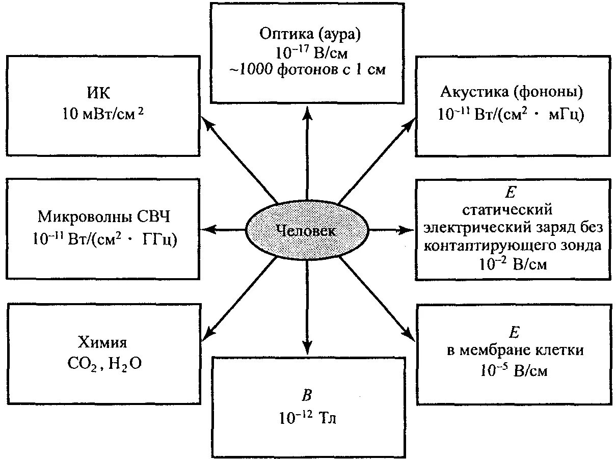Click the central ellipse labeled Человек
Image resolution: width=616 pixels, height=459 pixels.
coord(307,230)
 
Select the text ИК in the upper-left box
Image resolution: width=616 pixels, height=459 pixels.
coord(101,93)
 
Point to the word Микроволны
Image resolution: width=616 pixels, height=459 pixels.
coord(85,217)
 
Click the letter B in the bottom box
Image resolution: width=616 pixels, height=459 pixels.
coord(307,396)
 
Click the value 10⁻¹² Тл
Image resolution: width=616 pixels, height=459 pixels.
coord(307,419)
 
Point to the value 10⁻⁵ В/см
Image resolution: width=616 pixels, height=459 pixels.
coord(513,371)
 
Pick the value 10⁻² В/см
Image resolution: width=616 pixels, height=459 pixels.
coord(513,264)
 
